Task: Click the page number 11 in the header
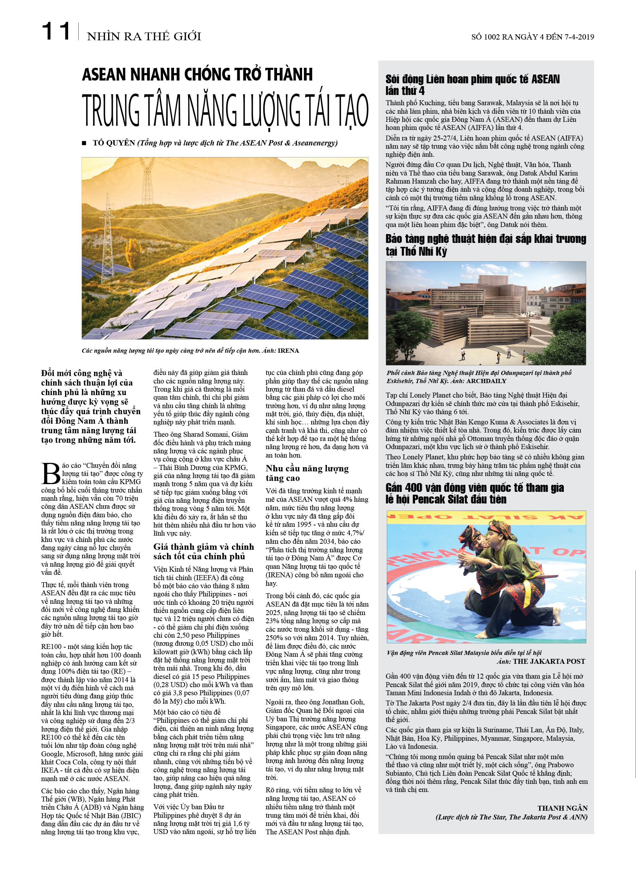pos(56,32)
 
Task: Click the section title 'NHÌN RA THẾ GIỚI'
pos(144,37)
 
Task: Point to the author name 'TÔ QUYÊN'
pos(114,143)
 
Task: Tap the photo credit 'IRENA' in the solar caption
pos(288,351)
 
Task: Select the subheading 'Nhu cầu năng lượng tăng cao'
pos(307,473)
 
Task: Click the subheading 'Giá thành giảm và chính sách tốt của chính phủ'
pos(204,552)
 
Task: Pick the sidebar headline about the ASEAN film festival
pos(472,85)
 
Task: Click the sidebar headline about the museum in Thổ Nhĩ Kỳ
pos(485,245)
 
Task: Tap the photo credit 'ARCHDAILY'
pos(486,381)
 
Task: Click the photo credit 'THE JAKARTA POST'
pos(549,661)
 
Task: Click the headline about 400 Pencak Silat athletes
pos(475,493)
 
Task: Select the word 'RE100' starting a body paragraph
pos(52,646)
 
